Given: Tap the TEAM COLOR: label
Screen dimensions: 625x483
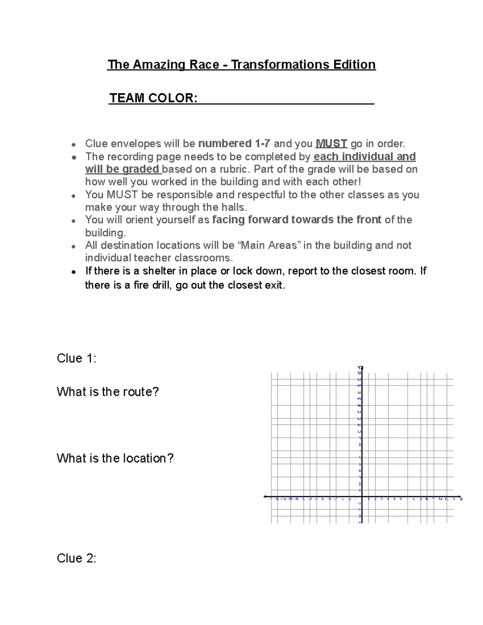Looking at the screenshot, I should tap(153, 98).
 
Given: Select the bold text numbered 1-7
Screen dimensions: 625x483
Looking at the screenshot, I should tap(234, 144).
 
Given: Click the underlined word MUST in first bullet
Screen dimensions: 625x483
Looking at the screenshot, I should tap(331, 144).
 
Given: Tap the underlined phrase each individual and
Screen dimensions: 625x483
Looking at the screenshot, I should tap(364, 157).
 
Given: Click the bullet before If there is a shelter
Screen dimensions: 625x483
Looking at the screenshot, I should tap(74, 272).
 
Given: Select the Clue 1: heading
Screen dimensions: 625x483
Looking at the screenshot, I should tap(76, 358).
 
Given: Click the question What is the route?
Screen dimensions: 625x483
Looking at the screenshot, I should tap(107, 392).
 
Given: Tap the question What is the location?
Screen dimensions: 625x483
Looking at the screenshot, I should tap(115, 458).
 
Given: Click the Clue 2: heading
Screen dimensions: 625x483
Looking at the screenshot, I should tap(76, 558).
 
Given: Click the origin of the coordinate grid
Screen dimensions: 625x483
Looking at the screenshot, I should tap(362, 497).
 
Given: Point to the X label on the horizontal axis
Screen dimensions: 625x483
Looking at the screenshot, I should tap(461, 499).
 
